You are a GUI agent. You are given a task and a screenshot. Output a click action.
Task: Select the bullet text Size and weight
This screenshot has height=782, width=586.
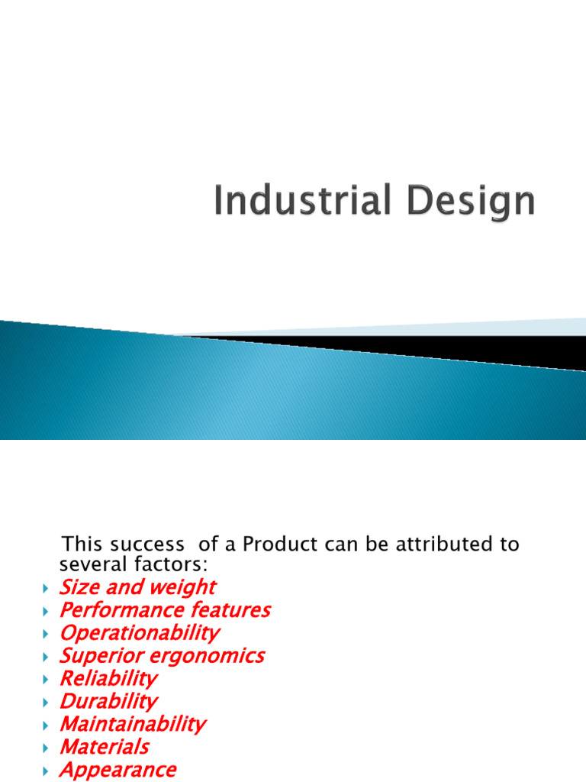pyautogui.click(x=137, y=587)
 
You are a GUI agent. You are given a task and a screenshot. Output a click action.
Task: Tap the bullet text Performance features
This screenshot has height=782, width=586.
pyautogui.click(x=165, y=610)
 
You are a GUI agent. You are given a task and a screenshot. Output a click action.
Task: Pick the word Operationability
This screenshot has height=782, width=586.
pyautogui.click(x=139, y=633)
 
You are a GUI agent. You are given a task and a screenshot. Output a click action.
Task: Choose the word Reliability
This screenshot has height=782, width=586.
pyautogui.click(x=108, y=678)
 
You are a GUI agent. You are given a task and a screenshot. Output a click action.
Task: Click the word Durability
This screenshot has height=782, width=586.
pyautogui.click(x=108, y=701)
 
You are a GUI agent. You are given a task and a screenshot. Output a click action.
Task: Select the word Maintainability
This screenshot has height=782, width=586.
pyautogui.click(x=133, y=724)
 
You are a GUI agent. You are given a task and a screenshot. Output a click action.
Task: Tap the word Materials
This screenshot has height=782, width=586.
pyautogui.click(x=104, y=747)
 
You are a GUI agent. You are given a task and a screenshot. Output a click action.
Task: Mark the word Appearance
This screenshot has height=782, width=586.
pyautogui.click(x=118, y=770)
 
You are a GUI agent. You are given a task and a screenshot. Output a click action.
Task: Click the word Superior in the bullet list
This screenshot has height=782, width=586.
pyautogui.click(x=98, y=656)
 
